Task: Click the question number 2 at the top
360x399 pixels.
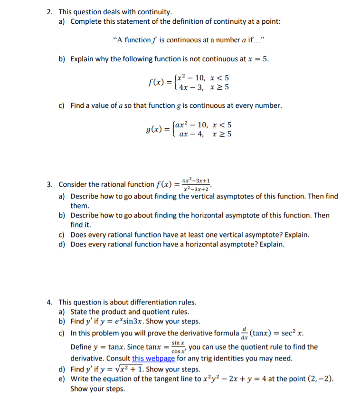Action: click(x=49, y=11)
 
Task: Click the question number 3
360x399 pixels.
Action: click(x=49, y=184)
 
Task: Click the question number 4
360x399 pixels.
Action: click(x=49, y=302)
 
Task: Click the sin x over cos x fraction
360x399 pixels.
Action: click(x=178, y=346)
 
